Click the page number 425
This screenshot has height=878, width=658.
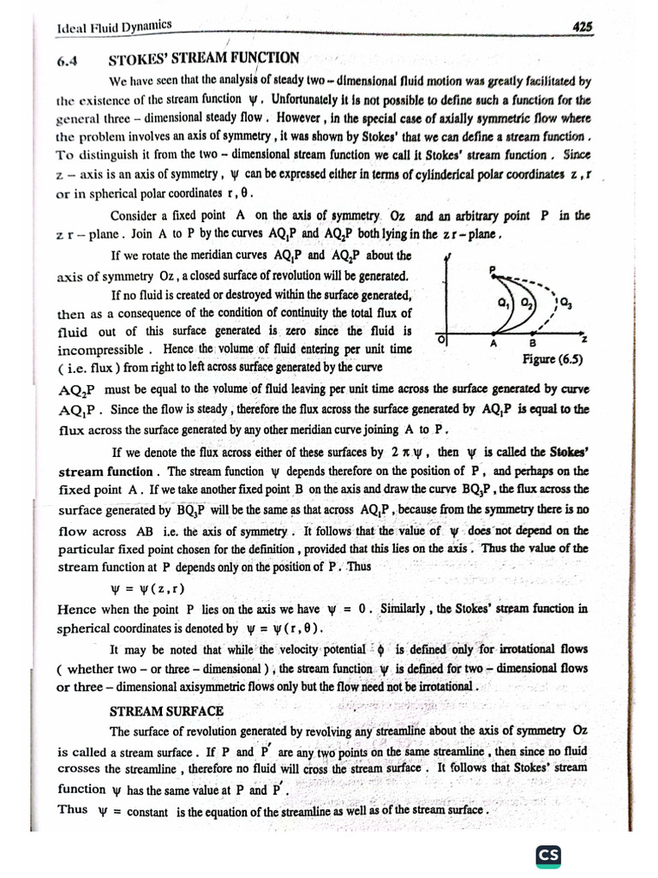coord(582,27)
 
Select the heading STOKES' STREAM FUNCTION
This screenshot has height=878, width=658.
coord(204,58)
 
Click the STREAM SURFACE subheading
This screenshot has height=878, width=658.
coord(166,711)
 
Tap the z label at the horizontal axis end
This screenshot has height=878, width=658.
coord(583,341)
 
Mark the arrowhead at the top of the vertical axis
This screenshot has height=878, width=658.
coord(448,258)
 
